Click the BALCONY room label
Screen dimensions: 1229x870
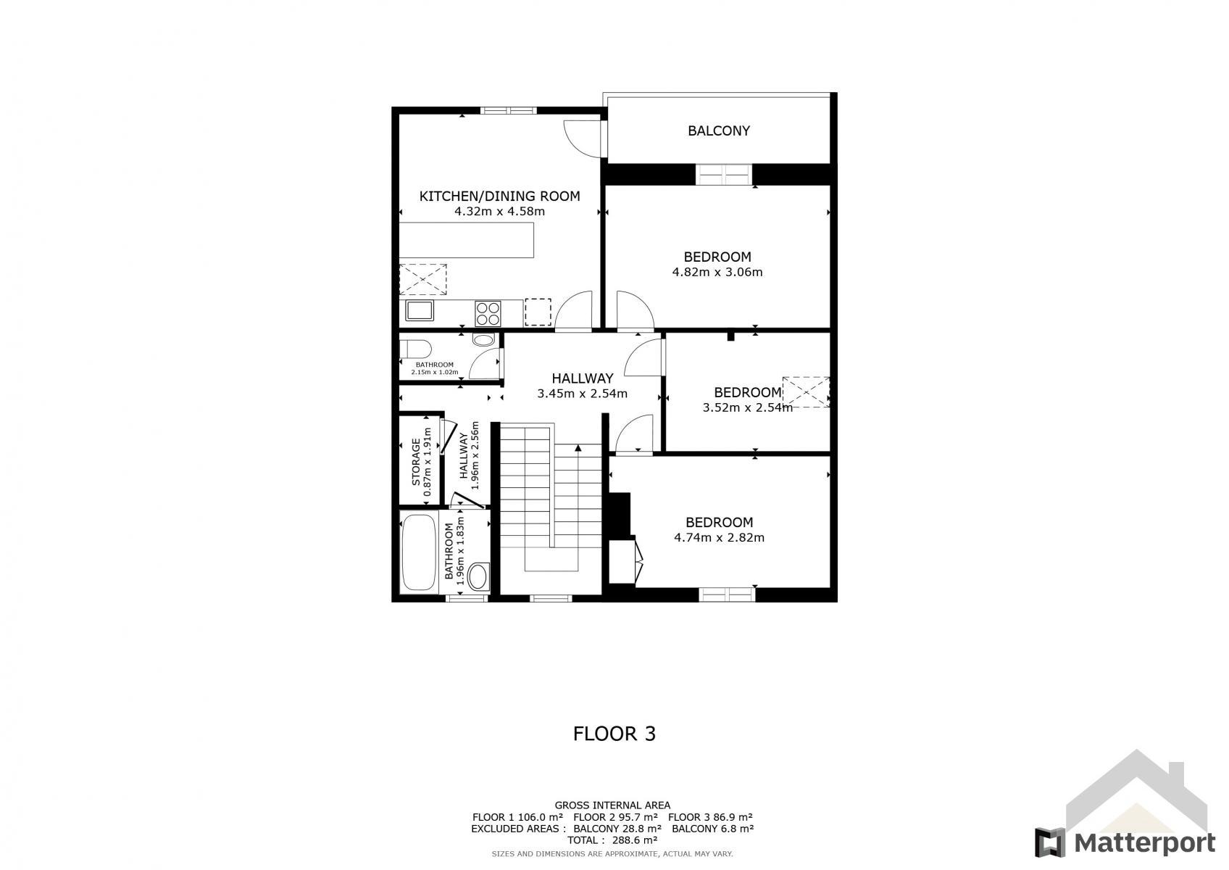719,130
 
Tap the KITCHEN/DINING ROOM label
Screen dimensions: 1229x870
499,196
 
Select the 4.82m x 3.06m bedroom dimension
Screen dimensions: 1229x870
717,272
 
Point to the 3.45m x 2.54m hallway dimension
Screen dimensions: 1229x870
582,394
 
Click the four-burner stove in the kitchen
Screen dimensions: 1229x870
488,314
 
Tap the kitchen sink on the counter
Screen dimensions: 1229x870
419,310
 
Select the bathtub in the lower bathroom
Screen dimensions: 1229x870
419,552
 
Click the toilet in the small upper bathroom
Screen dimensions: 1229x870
415,349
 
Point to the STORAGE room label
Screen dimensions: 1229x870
416,462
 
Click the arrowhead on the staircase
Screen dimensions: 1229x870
578,448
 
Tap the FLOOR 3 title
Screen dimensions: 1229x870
614,734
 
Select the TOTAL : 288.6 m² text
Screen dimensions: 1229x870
612,840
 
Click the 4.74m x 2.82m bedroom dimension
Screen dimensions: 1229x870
719,537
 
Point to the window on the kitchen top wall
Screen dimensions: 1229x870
508,110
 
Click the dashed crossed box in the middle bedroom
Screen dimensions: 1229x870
806,392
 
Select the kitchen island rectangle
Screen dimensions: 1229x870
467,240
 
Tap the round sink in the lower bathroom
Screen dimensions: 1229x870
480,576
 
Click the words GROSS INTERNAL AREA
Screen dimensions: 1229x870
612,805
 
